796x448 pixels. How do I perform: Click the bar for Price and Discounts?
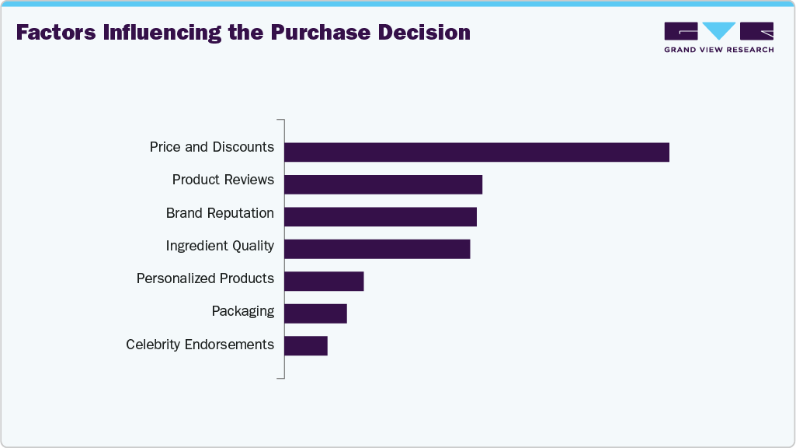click(476, 152)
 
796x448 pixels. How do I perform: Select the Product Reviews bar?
click(383, 184)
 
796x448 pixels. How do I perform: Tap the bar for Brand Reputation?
click(380, 217)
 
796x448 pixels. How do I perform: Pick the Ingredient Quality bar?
click(377, 249)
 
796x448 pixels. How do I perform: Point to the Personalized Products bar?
click(324, 281)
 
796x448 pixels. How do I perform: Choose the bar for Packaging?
click(315, 313)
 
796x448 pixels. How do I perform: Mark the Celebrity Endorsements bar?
click(306, 345)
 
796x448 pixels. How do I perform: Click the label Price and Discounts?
click(212, 147)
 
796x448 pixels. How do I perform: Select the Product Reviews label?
click(223, 180)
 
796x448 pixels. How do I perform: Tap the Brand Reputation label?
click(220, 213)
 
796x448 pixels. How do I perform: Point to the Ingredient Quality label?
click(220, 246)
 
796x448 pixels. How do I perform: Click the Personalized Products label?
click(205, 278)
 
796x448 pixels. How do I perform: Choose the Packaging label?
click(242, 311)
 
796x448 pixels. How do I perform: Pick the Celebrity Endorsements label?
click(200, 345)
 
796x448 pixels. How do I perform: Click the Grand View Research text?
click(718, 50)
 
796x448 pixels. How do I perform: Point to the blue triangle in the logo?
click(719, 30)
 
